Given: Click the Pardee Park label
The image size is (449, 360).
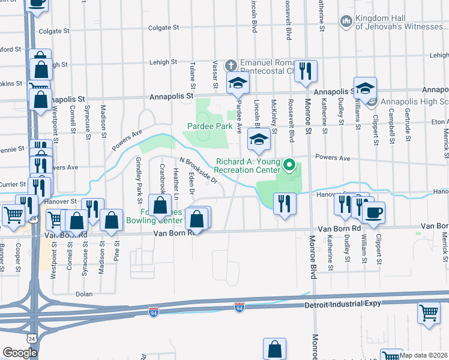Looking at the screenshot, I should tap(209, 127).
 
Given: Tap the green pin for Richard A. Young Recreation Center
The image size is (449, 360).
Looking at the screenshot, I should tap(291, 165).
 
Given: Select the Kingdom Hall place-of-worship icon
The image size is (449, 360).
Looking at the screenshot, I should tap(346, 22).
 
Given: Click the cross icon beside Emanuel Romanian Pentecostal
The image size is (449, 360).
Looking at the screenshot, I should tap(231, 64).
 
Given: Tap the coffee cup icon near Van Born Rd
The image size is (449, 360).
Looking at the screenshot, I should tap(373, 212).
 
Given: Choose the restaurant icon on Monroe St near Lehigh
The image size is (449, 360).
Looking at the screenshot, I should tap(306, 71).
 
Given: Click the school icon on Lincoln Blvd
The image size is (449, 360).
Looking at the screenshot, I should tap(259, 140).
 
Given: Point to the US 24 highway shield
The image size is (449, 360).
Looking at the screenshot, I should tap(31, 339).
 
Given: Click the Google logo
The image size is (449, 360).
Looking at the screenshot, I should tap(19, 353).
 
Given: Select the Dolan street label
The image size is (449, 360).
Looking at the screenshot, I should tap(84, 295).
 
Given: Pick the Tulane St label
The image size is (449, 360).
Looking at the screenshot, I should tap(193, 72).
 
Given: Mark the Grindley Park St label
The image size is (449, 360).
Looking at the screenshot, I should tap(138, 176).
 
